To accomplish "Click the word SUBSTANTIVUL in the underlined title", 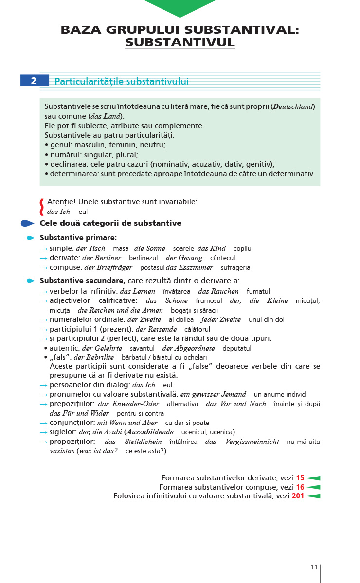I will click(x=180, y=42).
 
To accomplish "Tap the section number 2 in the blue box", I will click(x=34, y=81).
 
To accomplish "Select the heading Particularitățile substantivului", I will click(x=122, y=82).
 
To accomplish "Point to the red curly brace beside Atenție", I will click(x=42, y=206).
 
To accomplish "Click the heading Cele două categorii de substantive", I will click(x=110, y=223).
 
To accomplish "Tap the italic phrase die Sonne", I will click(x=149, y=248).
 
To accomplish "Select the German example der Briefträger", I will click(x=108, y=267).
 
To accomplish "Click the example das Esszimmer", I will click(x=189, y=267).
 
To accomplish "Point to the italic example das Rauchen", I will click(x=218, y=291).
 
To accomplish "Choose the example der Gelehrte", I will click(x=102, y=348).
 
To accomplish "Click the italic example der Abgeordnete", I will click(x=188, y=348).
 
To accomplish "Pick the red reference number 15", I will click(x=300, y=478).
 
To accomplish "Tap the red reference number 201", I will click(x=298, y=496).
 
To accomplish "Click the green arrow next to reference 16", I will click(x=313, y=487).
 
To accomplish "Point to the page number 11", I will click(x=314, y=567).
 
